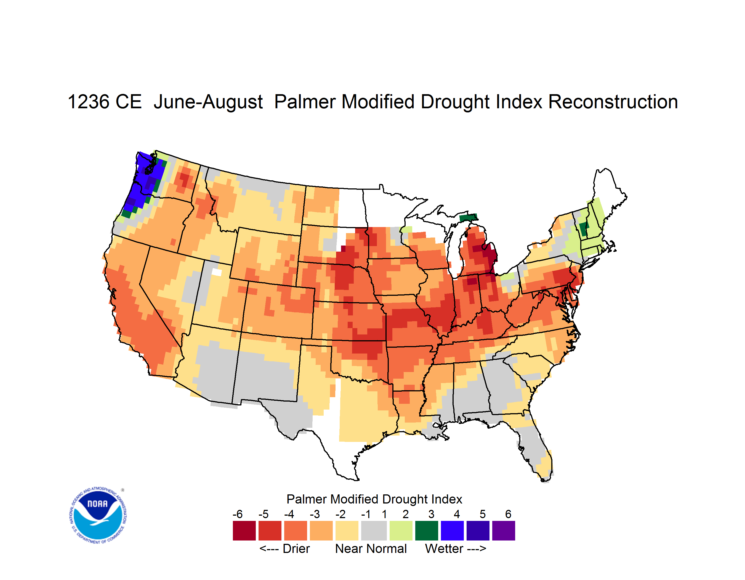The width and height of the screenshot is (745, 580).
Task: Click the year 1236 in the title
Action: pos(88,102)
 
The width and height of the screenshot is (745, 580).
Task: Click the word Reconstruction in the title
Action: pos(613,102)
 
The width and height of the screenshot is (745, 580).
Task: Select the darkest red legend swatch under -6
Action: pos(244,531)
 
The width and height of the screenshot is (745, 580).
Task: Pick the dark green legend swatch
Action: pos(426,531)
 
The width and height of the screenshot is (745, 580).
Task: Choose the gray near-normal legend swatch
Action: pos(374,531)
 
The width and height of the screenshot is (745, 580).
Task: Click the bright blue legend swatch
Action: pos(452,531)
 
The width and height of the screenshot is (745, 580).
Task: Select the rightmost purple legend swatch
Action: pos(504,531)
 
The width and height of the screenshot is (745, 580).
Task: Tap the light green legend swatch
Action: pos(401,531)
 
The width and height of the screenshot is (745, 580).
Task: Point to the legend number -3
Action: pos(315,514)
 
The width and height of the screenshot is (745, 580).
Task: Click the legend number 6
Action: pos(508,514)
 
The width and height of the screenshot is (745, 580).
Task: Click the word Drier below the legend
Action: pos(296,549)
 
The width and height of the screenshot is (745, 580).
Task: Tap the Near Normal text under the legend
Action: pos(371,549)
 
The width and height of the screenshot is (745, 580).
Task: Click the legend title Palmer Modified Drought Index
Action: pos(374,499)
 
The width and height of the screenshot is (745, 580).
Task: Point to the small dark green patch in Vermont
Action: pos(584,229)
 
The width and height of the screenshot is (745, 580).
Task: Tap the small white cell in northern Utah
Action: pos(217,272)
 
